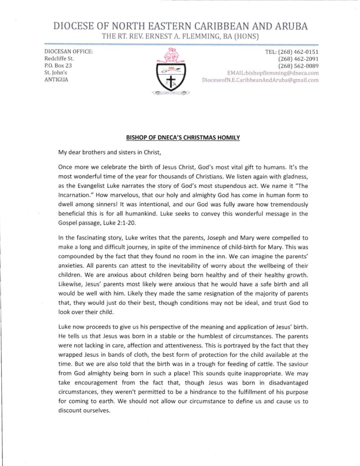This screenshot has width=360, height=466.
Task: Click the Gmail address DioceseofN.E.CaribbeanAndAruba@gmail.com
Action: (260, 80)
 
